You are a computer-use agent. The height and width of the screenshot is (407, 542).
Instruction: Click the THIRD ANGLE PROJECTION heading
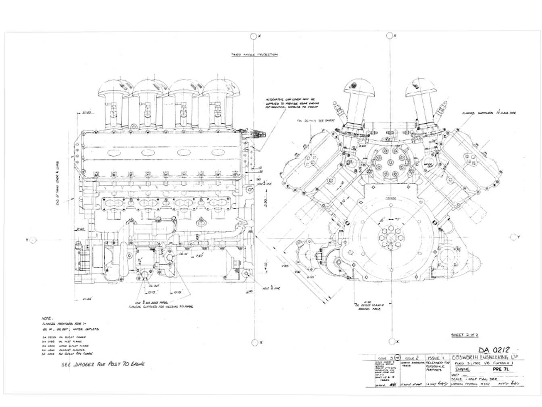click(254, 54)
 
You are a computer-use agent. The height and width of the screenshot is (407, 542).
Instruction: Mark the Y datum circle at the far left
click(33, 240)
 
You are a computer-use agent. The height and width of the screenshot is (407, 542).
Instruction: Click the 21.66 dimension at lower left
click(86, 299)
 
